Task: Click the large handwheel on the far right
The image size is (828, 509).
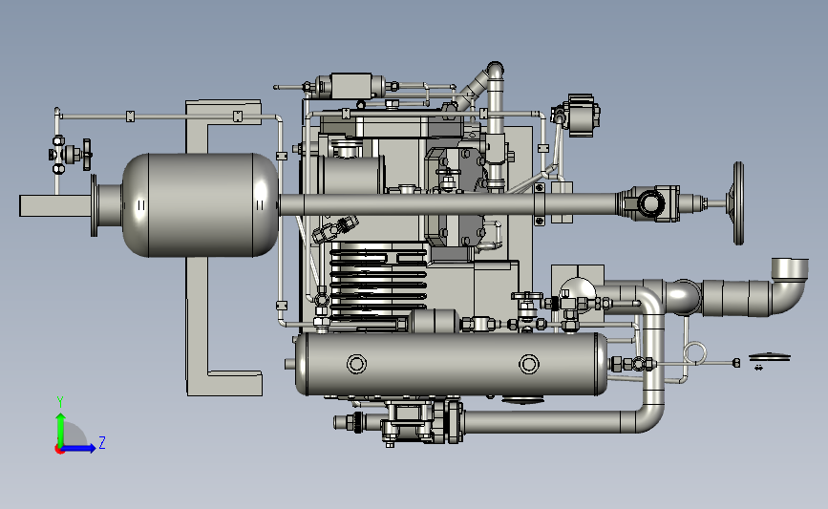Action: [x=738, y=203]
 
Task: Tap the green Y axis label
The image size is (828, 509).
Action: [x=60, y=402]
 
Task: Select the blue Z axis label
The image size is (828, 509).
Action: [x=102, y=442]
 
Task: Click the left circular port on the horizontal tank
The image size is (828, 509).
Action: [x=356, y=364]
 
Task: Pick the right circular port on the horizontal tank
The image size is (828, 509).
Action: [x=528, y=364]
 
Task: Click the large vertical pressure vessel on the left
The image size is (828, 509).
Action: [x=201, y=205]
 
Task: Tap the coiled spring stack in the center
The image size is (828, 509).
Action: [x=378, y=283]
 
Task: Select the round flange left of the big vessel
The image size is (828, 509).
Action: [x=94, y=205]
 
